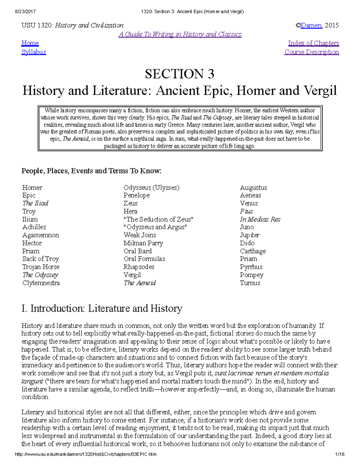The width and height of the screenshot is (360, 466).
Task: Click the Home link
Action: (30, 43)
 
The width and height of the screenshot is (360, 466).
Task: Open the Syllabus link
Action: (34, 52)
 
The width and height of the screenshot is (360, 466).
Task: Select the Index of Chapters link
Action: (313, 43)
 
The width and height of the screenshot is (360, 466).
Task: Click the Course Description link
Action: (311, 52)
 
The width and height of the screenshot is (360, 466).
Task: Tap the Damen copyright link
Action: (312, 26)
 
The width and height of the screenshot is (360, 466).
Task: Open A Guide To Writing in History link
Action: (180, 35)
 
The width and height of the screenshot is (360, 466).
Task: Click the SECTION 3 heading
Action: (179, 74)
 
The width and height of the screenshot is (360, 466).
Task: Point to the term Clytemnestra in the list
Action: (41, 283)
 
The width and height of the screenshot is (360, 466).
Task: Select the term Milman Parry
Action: (143, 243)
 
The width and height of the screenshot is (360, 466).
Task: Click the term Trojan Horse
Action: (41, 267)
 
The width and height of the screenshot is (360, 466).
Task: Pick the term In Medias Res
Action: (260, 219)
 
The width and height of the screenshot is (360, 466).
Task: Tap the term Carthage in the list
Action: (253, 251)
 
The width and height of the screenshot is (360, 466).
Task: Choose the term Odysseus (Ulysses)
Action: (151, 188)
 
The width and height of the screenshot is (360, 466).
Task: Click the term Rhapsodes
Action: (139, 267)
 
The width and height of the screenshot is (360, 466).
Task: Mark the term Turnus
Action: (250, 283)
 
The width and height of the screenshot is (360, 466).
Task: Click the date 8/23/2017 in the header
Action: (25, 12)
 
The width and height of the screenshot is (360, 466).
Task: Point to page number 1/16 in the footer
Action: (340, 454)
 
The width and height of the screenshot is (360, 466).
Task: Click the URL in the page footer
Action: (85, 454)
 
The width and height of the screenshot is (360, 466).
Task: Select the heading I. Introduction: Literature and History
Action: (102, 308)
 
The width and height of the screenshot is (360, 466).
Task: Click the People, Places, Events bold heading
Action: (91, 171)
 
